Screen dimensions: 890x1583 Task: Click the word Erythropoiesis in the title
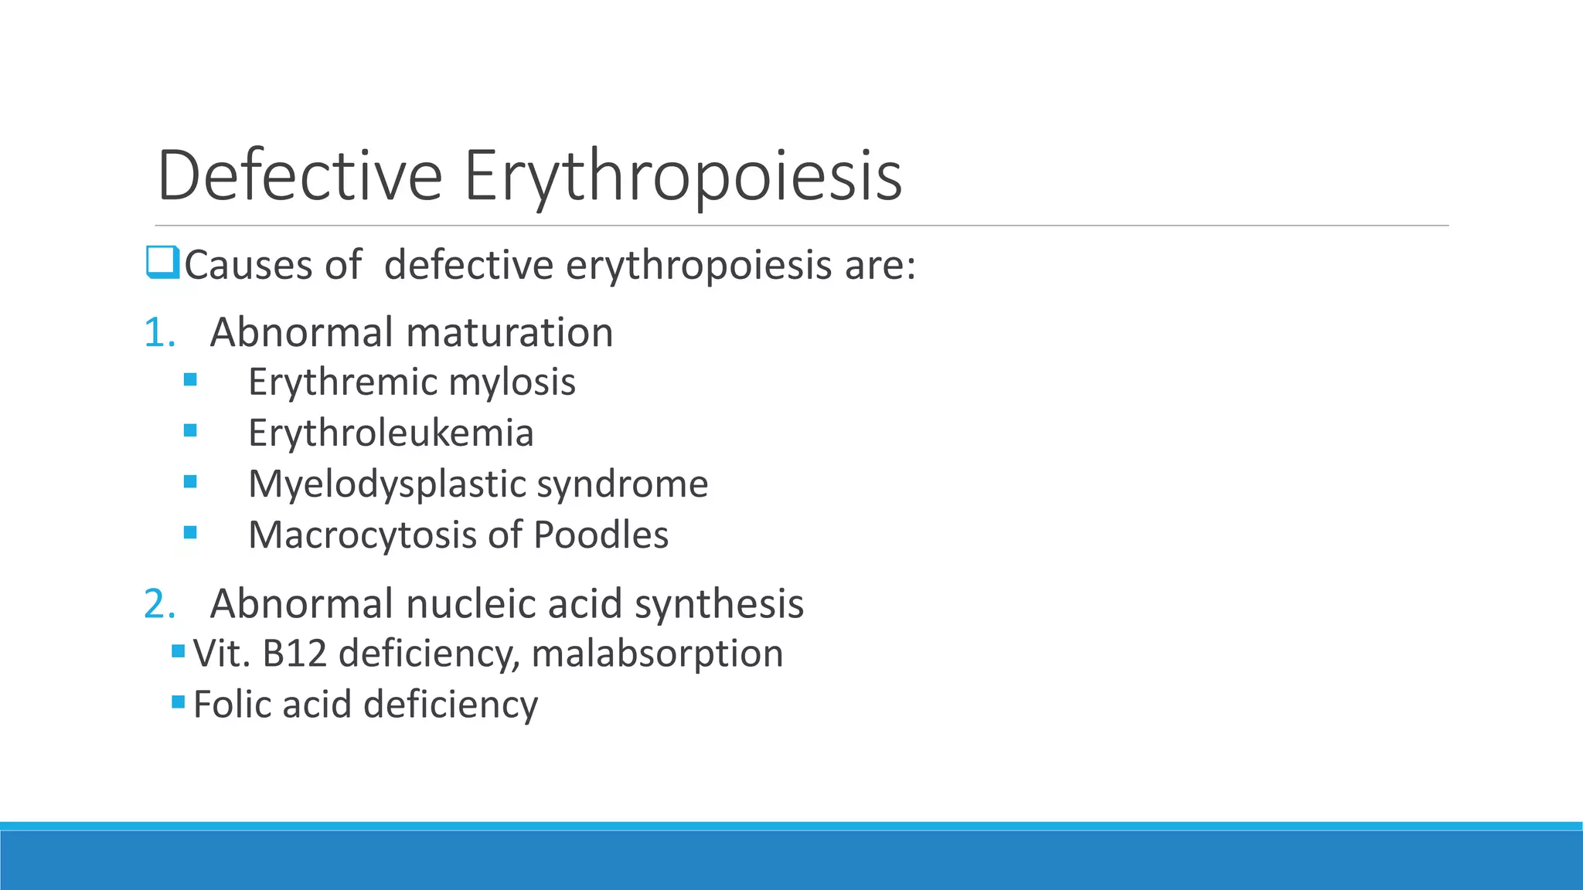[683, 177]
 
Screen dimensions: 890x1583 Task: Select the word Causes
[248, 265]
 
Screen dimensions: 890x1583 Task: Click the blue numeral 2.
[159, 603]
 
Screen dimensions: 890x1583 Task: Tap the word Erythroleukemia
[390, 433]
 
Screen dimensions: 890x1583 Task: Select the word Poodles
[601, 535]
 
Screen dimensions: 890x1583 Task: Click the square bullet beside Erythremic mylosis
[190, 379]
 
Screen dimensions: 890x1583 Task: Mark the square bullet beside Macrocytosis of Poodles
[190, 532]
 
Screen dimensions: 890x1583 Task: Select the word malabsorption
[657, 654]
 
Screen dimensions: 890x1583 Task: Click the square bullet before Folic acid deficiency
[179, 701]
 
